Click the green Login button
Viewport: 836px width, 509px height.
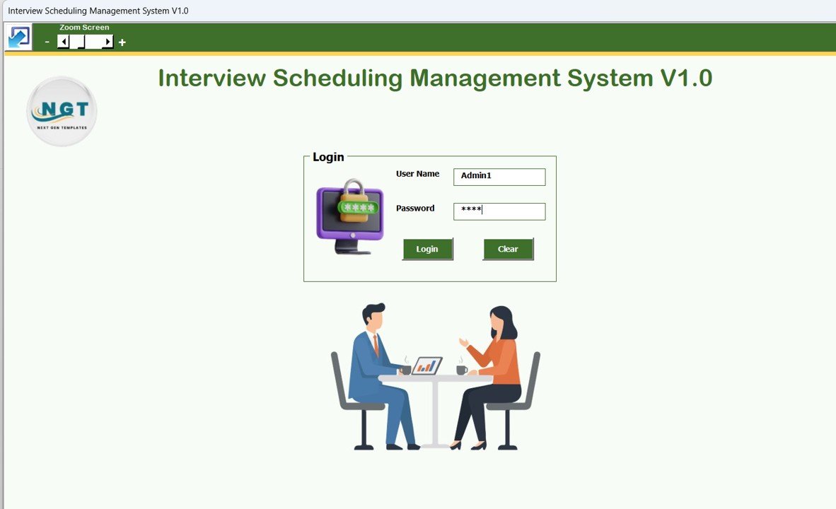click(x=427, y=249)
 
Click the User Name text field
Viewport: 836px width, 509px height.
click(x=499, y=177)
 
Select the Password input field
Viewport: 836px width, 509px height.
click(x=499, y=211)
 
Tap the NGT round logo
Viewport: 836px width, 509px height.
click(x=62, y=111)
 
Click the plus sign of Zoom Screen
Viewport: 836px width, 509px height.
click(x=122, y=42)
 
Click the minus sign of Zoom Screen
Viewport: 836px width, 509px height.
click(x=47, y=42)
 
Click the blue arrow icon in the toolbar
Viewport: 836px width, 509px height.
click(x=18, y=37)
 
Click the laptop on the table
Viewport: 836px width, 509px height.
click(x=427, y=365)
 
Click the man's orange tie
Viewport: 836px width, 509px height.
click(x=376, y=346)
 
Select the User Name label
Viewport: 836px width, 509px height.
click(x=417, y=174)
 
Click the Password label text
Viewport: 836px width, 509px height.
click(x=415, y=209)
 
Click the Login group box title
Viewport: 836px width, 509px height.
click(x=328, y=157)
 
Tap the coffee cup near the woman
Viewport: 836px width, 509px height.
click(x=461, y=370)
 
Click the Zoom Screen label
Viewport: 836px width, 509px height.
click(x=84, y=28)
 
